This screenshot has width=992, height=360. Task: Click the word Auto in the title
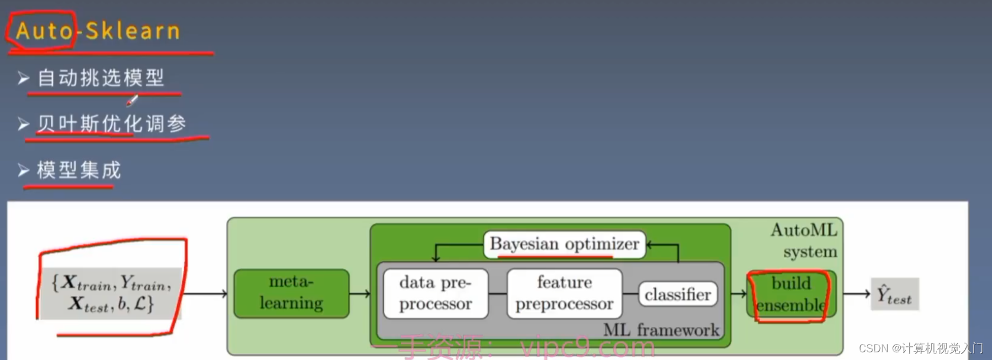pos(44,31)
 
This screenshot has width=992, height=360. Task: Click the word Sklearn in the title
pos(133,31)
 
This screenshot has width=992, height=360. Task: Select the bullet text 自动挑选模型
pos(101,78)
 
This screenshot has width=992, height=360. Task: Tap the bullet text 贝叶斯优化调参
pos(112,124)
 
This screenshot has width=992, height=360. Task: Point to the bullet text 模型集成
pos(79,170)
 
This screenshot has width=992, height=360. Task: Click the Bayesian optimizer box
pos(565,244)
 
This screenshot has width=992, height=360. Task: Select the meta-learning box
pos(291,293)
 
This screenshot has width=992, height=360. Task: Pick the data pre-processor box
pos(436,293)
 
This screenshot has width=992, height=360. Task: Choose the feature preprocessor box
pos(565,293)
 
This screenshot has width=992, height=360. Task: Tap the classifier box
pos(678,294)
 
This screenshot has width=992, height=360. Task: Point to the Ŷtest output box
pos(894,294)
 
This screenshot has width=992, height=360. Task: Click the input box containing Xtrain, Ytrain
pos(111,293)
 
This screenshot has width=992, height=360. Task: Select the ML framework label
pos(661,330)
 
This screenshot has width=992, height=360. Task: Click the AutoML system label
pos(804,240)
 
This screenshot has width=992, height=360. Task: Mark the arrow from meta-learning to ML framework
pos(360,293)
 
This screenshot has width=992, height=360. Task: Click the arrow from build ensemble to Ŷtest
pos(856,293)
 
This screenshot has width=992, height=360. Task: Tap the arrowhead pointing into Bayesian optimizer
pos(650,244)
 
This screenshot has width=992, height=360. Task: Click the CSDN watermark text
pos(921,349)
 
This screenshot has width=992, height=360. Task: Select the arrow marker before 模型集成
pos(24,170)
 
